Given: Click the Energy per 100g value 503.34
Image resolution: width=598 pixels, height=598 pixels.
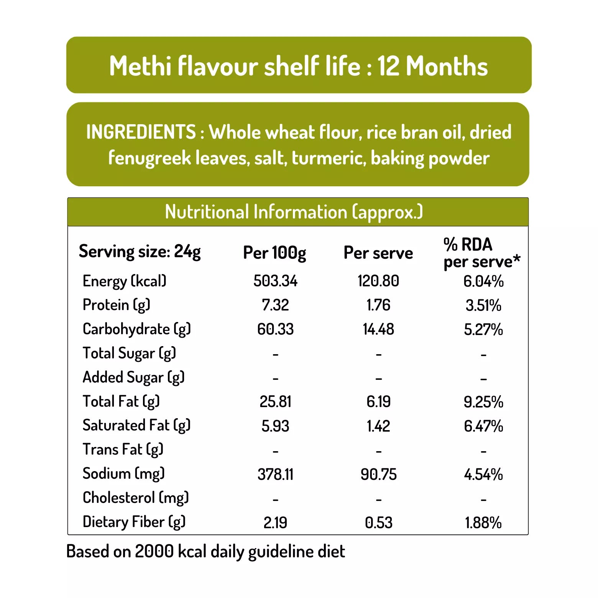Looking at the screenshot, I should [275, 281].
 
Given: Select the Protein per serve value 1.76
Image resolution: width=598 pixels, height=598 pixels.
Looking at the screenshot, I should [378, 305].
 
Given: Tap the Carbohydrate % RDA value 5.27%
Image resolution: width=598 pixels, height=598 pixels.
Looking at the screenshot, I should [483, 329].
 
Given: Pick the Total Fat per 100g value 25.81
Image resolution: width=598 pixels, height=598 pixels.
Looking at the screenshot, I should [275, 402].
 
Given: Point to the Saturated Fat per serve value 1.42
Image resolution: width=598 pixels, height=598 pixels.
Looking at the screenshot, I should [378, 426].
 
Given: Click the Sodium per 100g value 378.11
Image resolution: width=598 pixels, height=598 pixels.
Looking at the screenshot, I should [275, 475].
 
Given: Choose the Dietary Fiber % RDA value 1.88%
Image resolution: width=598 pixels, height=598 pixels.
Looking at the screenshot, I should [483, 522].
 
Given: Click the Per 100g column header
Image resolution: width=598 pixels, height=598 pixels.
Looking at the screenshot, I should [274, 253].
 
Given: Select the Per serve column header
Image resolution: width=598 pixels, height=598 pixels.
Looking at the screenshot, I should [378, 253].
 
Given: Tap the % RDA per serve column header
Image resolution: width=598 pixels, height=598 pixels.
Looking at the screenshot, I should [481, 253].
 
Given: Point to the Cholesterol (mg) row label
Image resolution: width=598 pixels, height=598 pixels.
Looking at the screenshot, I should [136, 498].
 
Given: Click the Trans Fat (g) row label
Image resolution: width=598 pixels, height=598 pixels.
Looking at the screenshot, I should [123, 450].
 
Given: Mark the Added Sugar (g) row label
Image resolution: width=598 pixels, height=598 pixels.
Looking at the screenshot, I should [133, 378].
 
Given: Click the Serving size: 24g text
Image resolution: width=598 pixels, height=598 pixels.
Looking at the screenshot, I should [140, 252].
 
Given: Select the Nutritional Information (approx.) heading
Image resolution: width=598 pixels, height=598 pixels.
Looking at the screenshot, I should [294, 212].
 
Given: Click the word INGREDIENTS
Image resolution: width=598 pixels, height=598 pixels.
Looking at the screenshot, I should [141, 132].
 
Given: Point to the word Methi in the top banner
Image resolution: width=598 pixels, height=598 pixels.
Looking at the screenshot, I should [140, 66].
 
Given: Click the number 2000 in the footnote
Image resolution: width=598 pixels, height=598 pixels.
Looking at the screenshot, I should [154, 551].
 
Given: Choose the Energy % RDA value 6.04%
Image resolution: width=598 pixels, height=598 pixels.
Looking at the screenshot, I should [483, 281].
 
